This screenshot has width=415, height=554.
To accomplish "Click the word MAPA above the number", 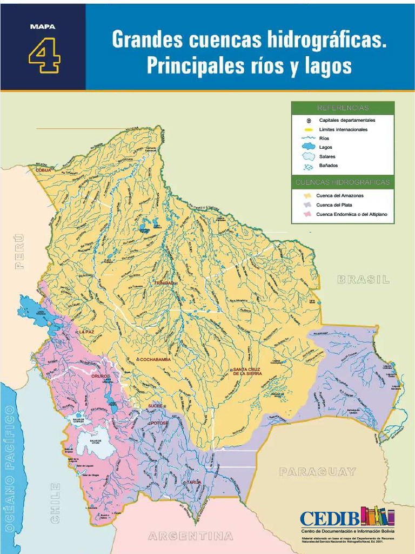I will tap(43, 26).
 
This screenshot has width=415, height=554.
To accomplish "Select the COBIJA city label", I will tap(43, 170).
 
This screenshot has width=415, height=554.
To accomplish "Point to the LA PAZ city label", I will tap(86, 332).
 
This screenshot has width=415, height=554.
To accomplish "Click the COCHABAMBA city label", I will tap(155, 359).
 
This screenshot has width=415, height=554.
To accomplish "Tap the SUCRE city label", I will tap(155, 406).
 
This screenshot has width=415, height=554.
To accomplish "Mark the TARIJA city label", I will tap(193, 482).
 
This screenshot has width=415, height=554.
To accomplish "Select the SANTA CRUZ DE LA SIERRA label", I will tap(247, 371).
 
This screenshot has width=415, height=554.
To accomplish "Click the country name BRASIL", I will tap(363, 280).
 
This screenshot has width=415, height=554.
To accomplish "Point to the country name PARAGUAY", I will tap(317, 472).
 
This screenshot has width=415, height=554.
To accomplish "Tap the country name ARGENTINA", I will tap(191, 536).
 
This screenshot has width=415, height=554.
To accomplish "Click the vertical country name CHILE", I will tap(55, 503).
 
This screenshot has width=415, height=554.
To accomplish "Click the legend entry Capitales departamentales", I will tap(347, 120).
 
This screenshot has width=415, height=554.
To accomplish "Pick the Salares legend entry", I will tap(327, 156).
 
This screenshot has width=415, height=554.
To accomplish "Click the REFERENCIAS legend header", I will tap(343, 108).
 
